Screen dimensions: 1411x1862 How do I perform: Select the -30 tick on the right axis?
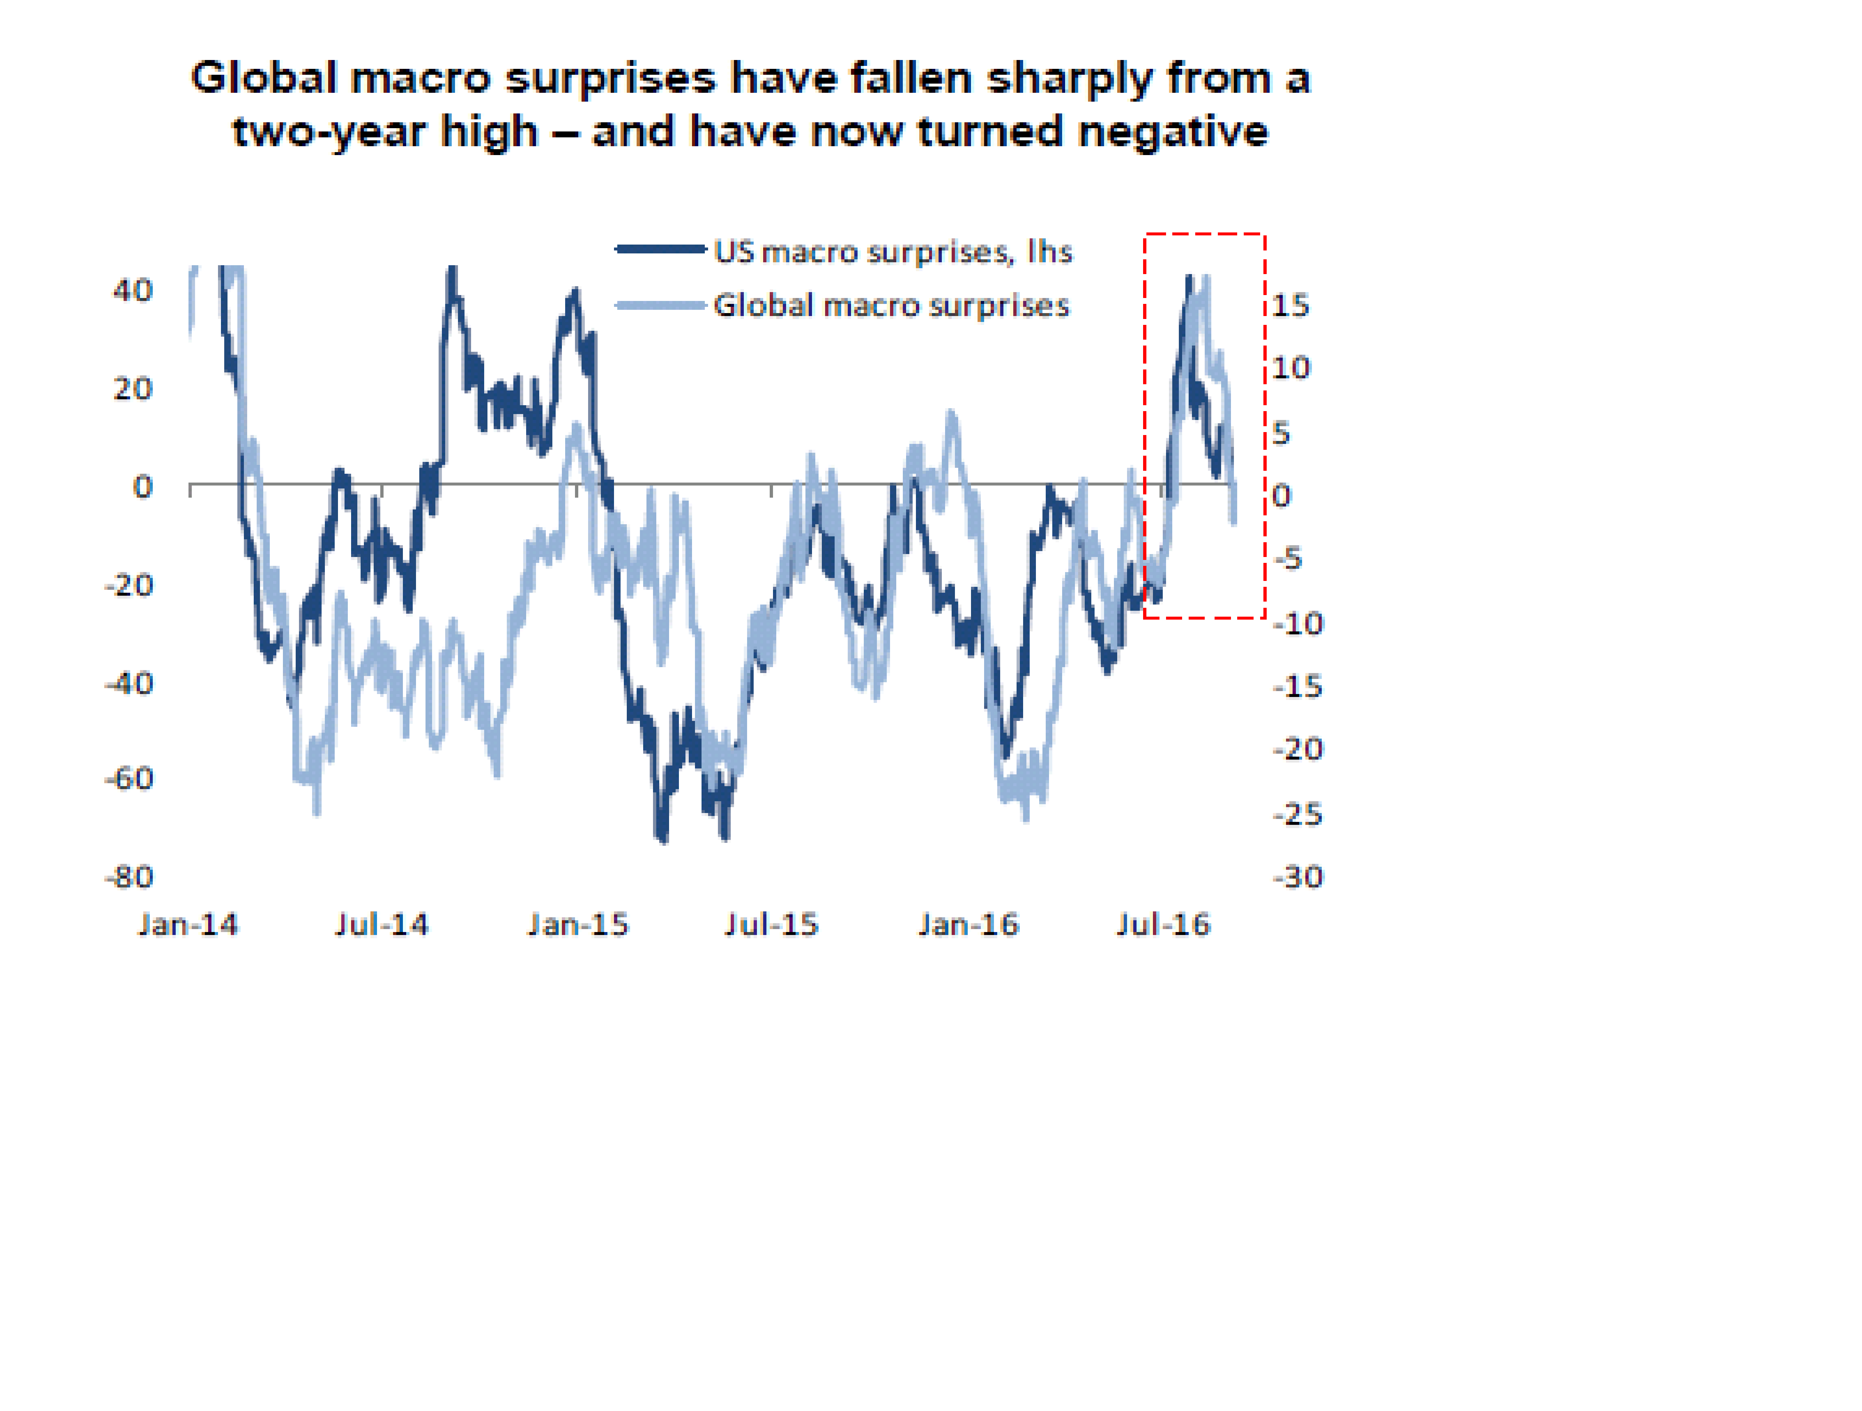1298,877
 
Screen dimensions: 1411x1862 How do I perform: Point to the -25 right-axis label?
1298,814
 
